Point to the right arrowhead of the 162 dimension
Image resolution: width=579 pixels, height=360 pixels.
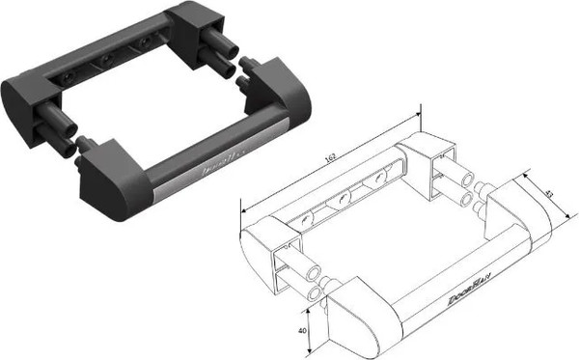coord(421,113)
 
